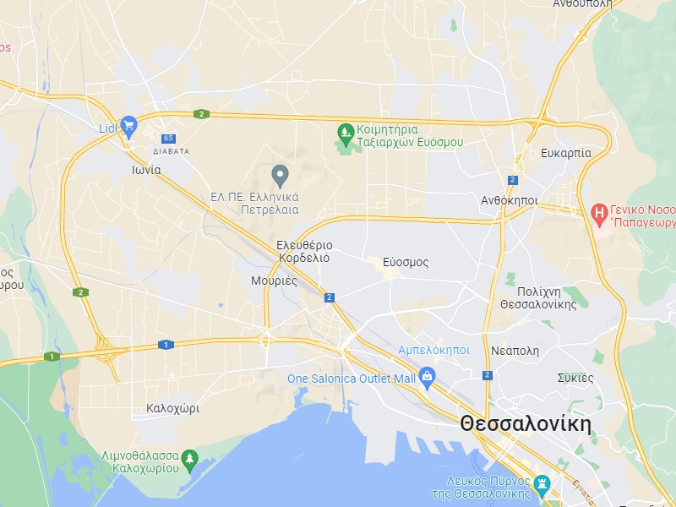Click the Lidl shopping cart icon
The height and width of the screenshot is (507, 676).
128,127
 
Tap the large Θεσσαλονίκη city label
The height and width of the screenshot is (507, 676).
525,424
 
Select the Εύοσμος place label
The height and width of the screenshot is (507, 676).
406,262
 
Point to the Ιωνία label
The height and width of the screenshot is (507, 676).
146,169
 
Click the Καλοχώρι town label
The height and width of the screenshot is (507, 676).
172,407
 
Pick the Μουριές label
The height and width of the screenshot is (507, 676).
274,281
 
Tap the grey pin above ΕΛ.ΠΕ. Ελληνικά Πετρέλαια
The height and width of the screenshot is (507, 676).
281,176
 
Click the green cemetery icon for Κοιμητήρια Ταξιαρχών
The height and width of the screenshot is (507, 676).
345,133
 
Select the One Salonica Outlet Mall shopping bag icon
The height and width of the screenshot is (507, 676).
427,374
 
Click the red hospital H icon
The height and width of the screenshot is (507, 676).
599,211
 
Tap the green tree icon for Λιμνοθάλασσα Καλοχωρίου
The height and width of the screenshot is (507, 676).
189,458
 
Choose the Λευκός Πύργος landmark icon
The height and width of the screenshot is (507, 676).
543,484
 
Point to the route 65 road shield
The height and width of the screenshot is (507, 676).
169,138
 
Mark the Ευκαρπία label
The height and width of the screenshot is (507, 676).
565,153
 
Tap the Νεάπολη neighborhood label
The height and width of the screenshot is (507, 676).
515,351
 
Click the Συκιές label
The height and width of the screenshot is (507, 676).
575,377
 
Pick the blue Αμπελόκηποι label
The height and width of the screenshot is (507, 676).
434,350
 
